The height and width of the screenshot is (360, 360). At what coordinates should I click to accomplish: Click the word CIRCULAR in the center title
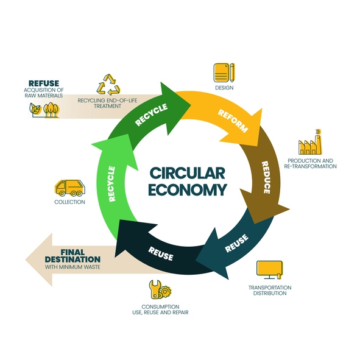point(180,172)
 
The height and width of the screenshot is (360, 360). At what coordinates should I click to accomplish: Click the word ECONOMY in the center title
point(180,190)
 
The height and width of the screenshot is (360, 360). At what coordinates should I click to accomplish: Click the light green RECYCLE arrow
point(111,183)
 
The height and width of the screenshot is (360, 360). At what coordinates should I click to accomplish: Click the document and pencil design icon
point(224,72)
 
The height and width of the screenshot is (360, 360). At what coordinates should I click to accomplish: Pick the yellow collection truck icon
point(69,187)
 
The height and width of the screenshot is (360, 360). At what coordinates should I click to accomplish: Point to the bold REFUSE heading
point(44,83)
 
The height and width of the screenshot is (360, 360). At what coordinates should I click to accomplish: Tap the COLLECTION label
point(69,202)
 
